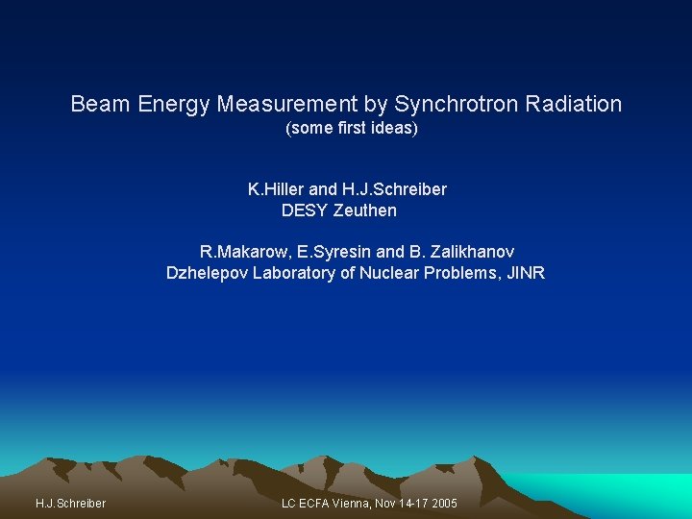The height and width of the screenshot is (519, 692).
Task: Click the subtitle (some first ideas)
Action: [x=352, y=128]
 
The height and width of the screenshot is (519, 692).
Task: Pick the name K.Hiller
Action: [x=276, y=189]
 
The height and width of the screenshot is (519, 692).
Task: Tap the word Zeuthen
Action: [x=365, y=210]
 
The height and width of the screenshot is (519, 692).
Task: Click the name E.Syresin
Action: [x=331, y=252]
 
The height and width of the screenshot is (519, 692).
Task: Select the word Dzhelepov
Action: [x=207, y=273]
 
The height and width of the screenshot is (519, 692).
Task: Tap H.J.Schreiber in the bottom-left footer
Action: [x=70, y=504]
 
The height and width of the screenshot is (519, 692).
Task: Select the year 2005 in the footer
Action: [x=443, y=504]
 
